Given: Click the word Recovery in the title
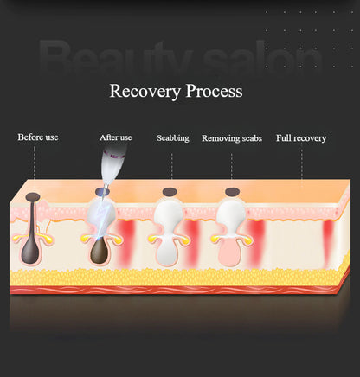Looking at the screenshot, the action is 145,92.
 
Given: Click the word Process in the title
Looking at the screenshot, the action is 214,91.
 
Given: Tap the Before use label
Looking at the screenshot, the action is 38,137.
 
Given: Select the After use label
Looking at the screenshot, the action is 116,137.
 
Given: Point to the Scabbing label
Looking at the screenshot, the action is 173,138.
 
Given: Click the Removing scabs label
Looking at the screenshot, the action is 232,138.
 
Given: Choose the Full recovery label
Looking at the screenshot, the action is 301,138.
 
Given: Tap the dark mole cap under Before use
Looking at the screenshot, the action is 33,196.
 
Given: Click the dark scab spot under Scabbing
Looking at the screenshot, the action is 170,192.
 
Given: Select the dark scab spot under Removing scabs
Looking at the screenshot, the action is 232,191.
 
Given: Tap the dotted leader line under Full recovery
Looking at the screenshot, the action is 302,167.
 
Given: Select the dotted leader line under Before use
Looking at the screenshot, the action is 35,162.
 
